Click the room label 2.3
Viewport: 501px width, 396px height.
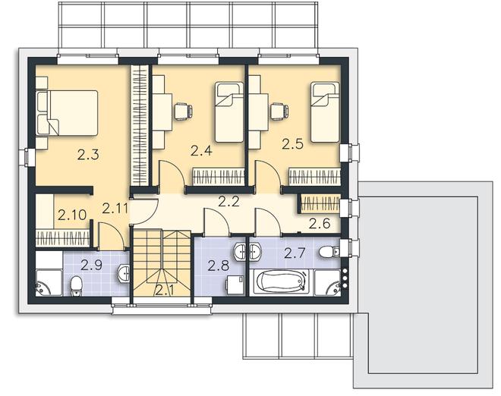[x=89, y=156]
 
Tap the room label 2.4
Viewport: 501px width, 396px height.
[x=200, y=150]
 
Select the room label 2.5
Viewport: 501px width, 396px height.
[x=293, y=143]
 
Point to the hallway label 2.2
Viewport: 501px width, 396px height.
[x=228, y=202]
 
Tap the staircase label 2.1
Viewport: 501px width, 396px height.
[x=164, y=289]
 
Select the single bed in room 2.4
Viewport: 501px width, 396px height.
[x=227, y=112]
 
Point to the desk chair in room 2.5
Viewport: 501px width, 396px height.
[x=278, y=112]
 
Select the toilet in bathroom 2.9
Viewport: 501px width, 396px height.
[x=76, y=284]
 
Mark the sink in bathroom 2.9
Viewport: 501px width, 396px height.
[x=124, y=272]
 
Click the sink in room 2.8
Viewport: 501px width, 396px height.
[x=241, y=250]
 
